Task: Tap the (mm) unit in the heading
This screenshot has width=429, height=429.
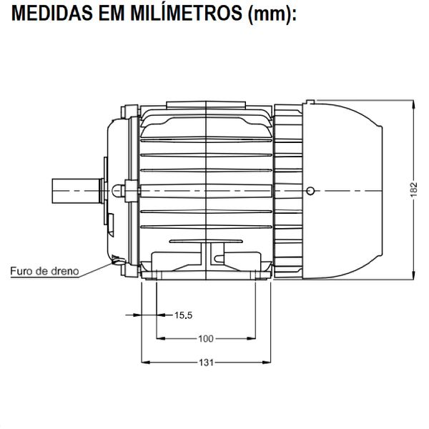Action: coord(271,14)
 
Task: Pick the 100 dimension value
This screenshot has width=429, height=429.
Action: coord(206,338)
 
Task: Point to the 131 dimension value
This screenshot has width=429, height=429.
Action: coord(206,363)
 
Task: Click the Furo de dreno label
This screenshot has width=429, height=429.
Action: coord(44,272)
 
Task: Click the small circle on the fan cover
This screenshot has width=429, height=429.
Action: coord(309,190)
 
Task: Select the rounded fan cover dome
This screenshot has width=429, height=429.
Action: coord(350,189)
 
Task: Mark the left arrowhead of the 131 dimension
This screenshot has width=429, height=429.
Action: coord(146,363)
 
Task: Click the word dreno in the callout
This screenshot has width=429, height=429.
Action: coord(64,272)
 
